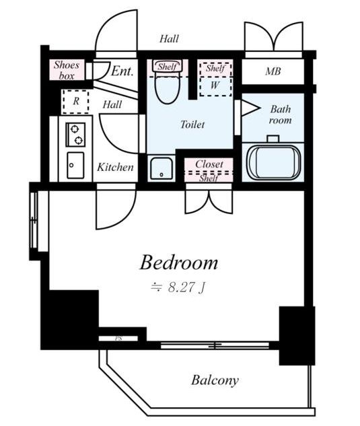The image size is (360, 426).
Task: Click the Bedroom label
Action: click(x=179, y=262)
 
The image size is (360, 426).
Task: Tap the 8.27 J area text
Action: click(x=178, y=287)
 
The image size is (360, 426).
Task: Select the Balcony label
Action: click(x=215, y=380)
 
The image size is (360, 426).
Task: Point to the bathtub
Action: click(x=273, y=162)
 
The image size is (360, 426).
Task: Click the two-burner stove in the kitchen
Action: click(x=75, y=135)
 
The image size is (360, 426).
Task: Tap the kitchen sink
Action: click(x=75, y=165)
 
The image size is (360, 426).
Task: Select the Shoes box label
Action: click(x=67, y=70)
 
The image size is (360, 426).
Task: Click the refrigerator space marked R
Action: click(x=76, y=102)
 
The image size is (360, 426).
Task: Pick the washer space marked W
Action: click(x=215, y=86)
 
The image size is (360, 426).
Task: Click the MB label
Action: click(x=273, y=71)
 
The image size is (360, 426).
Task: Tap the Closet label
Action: click(x=209, y=164)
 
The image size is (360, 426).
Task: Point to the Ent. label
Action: click(x=122, y=71)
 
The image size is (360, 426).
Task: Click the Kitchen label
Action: click(x=115, y=167)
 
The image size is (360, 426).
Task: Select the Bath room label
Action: click(x=280, y=114)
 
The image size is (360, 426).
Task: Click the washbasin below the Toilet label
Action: click(x=161, y=168)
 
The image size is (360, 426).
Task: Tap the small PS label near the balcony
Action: click(x=118, y=339)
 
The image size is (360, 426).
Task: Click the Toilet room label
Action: click(x=192, y=125)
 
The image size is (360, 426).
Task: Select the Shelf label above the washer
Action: click(x=215, y=68)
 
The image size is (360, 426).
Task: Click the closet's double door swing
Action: click(x=209, y=201)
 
